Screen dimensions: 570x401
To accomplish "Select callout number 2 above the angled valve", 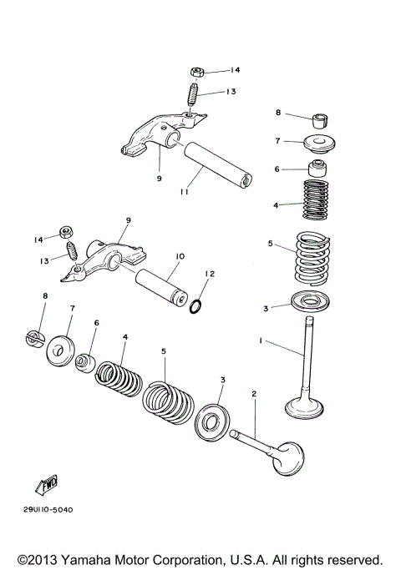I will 253,393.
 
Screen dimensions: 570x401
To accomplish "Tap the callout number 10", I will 180,256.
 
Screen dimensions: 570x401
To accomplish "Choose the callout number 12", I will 211,275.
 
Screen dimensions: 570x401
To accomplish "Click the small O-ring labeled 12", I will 194,305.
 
